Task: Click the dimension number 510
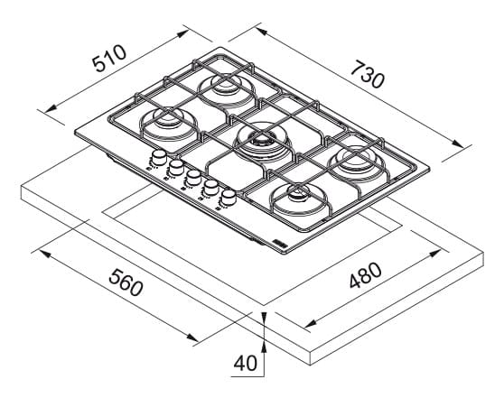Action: (x=110, y=59)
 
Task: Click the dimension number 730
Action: (x=367, y=75)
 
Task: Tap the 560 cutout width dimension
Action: (x=126, y=282)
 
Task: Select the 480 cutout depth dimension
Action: (x=366, y=275)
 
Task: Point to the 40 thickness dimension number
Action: (x=246, y=364)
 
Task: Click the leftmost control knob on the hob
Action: (x=158, y=158)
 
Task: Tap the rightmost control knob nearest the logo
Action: (x=229, y=197)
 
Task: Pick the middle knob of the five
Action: (x=194, y=177)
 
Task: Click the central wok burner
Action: (x=261, y=140)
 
